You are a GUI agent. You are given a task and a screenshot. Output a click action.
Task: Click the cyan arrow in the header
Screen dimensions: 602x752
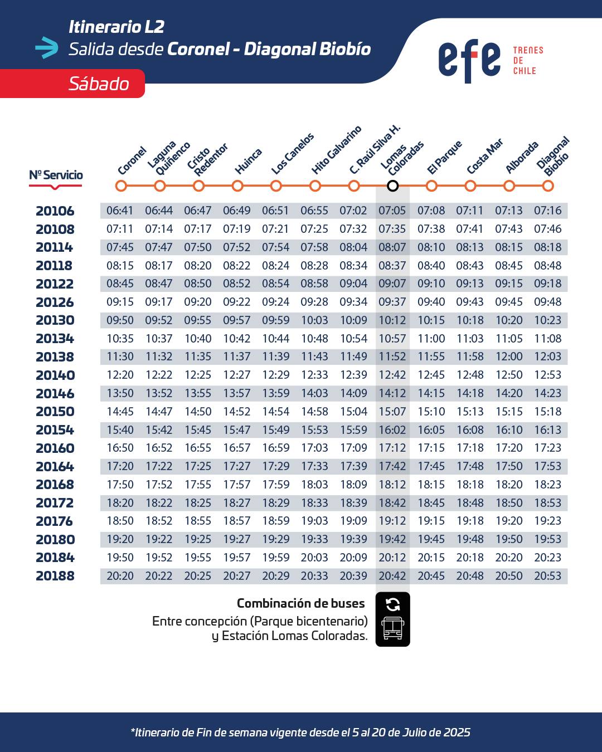(x=47, y=47)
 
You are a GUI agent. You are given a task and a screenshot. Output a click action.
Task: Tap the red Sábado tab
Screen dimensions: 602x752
(x=72, y=84)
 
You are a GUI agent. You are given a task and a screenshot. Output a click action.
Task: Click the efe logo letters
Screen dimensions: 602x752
(x=469, y=61)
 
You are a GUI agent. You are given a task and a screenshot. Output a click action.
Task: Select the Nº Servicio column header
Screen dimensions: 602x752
(x=56, y=175)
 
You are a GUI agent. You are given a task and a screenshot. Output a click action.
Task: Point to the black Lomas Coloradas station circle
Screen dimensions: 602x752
(x=392, y=185)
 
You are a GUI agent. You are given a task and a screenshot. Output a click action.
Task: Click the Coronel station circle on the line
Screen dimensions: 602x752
(x=121, y=185)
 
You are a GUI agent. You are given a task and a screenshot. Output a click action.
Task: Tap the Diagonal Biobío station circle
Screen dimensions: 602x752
(x=548, y=185)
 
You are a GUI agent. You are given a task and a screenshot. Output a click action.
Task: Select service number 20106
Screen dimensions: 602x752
(x=55, y=211)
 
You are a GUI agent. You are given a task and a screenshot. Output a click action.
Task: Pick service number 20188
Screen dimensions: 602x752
(x=55, y=576)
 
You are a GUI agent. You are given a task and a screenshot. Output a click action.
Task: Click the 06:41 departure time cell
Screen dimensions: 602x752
(x=120, y=211)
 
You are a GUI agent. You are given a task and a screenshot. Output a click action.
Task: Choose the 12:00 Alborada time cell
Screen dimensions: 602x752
(x=509, y=357)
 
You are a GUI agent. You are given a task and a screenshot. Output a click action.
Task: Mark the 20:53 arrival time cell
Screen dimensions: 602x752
(x=548, y=575)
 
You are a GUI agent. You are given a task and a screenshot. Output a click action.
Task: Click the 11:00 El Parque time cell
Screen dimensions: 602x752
(x=431, y=338)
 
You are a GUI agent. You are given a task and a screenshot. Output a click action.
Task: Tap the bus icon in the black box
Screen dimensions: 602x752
(x=392, y=628)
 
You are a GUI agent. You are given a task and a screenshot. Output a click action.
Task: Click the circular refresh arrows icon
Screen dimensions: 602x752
(x=392, y=604)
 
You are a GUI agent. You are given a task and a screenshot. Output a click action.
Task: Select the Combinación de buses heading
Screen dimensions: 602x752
(x=301, y=603)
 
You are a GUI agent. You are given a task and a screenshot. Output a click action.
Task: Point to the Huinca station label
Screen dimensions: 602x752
(x=248, y=161)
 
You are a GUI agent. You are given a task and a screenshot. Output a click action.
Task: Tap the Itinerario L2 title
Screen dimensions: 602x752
(x=116, y=27)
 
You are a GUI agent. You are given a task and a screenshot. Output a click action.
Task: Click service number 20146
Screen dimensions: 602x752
(x=55, y=393)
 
